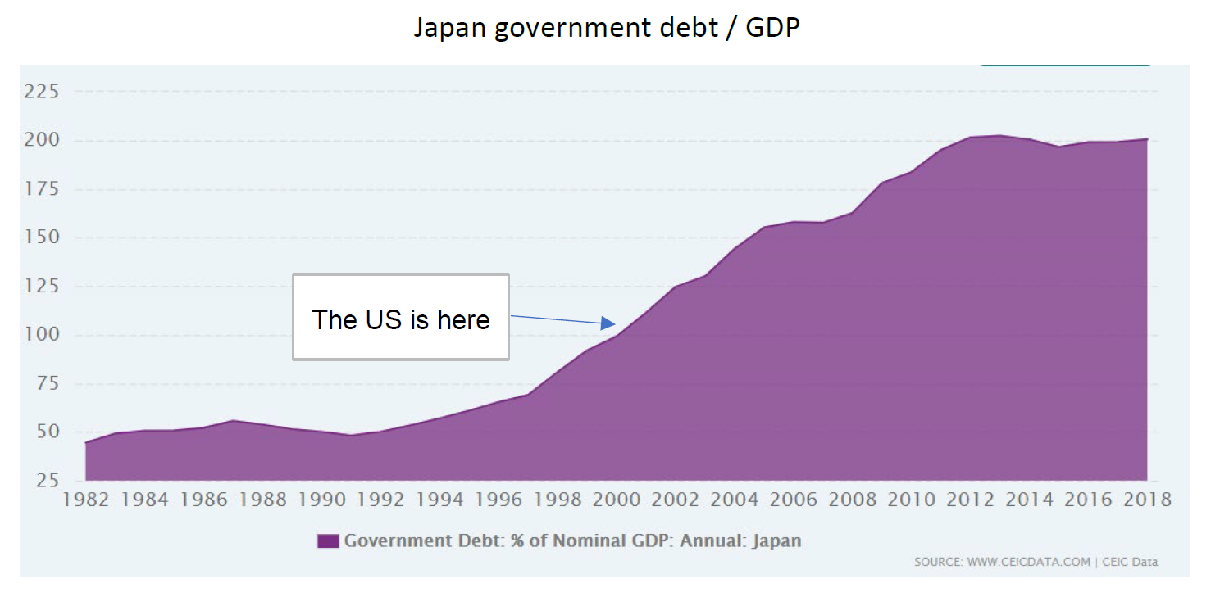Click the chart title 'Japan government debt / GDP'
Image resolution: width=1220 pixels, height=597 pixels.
[x=606, y=28]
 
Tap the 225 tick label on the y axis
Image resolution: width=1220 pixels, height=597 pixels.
[x=42, y=92]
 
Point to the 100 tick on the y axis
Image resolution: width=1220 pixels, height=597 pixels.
[x=42, y=335]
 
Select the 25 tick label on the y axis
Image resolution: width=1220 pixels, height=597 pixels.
[x=48, y=480]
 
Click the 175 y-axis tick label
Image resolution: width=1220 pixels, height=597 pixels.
[x=42, y=189]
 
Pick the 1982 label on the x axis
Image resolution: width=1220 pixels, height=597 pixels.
[x=86, y=500]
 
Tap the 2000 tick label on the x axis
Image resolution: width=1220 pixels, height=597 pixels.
[x=617, y=500]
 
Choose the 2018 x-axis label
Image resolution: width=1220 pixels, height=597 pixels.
[x=1147, y=500]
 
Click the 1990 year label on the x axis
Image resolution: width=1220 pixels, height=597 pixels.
[x=322, y=500]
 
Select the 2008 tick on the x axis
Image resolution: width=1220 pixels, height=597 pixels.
[x=853, y=500]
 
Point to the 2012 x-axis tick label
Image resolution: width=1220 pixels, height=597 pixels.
[x=970, y=500]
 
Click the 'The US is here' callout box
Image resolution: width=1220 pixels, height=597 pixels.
[x=401, y=318]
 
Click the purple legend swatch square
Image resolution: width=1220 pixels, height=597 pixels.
[x=328, y=541]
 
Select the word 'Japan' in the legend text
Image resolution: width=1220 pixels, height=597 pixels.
[x=776, y=541]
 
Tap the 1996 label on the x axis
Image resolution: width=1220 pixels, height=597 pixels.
[x=498, y=500]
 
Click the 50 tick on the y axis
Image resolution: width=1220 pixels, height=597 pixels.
[x=48, y=432]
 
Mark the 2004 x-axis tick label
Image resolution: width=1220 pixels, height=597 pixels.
[x=735, y=500]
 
